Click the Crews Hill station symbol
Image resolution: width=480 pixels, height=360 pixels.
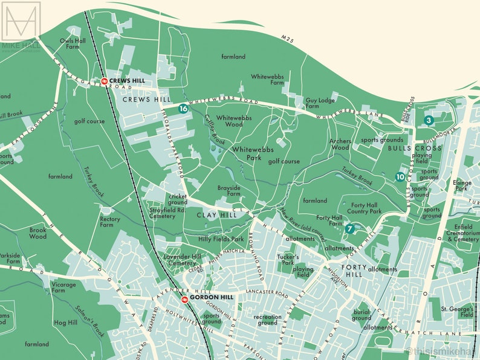104,80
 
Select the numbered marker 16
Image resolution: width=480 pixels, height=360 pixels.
183,109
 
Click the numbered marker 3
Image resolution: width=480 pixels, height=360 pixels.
429,120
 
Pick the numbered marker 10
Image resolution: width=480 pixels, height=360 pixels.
400,177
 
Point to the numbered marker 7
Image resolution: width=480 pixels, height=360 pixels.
349,229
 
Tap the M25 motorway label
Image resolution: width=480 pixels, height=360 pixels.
288,39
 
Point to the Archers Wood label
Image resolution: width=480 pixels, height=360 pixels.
340,144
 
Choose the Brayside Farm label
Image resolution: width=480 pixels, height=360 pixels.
229,191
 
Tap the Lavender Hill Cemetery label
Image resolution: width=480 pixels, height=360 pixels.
184,260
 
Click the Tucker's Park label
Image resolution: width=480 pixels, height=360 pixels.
288,260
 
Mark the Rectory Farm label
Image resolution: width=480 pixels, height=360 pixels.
109,222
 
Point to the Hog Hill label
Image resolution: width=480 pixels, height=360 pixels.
63,323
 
